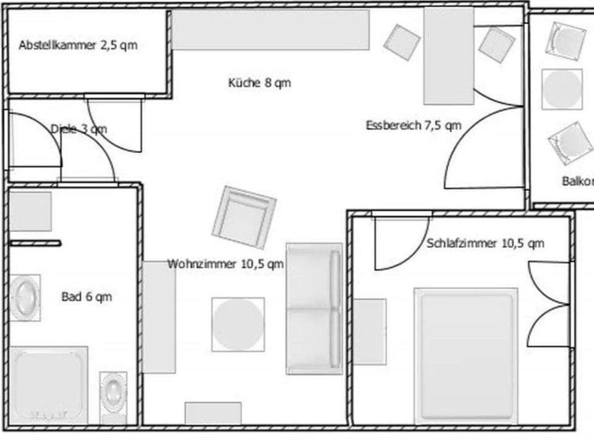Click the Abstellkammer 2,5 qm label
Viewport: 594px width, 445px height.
point(78,45)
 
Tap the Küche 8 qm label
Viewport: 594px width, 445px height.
point(259,83)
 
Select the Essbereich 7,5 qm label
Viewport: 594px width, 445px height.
point(413,125)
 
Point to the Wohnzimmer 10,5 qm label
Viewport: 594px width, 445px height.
point(226,264)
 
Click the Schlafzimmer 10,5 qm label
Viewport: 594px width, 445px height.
point(485,243)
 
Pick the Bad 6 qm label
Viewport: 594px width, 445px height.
point(87,297)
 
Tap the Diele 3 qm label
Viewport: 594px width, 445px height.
point(79,129)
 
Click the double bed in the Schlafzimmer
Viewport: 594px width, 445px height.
point(465,355)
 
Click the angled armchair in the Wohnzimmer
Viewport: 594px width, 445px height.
point(243,218)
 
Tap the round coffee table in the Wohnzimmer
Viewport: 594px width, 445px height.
point(238,324)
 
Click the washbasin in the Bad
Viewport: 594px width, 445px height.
point(25,297)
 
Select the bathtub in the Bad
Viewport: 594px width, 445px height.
point(48,384)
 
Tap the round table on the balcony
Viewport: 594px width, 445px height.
point(562,89)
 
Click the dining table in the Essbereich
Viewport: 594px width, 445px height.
point(449,56)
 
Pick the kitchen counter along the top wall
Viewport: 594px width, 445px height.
point(270,29)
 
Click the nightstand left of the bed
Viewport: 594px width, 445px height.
point(370,331)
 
